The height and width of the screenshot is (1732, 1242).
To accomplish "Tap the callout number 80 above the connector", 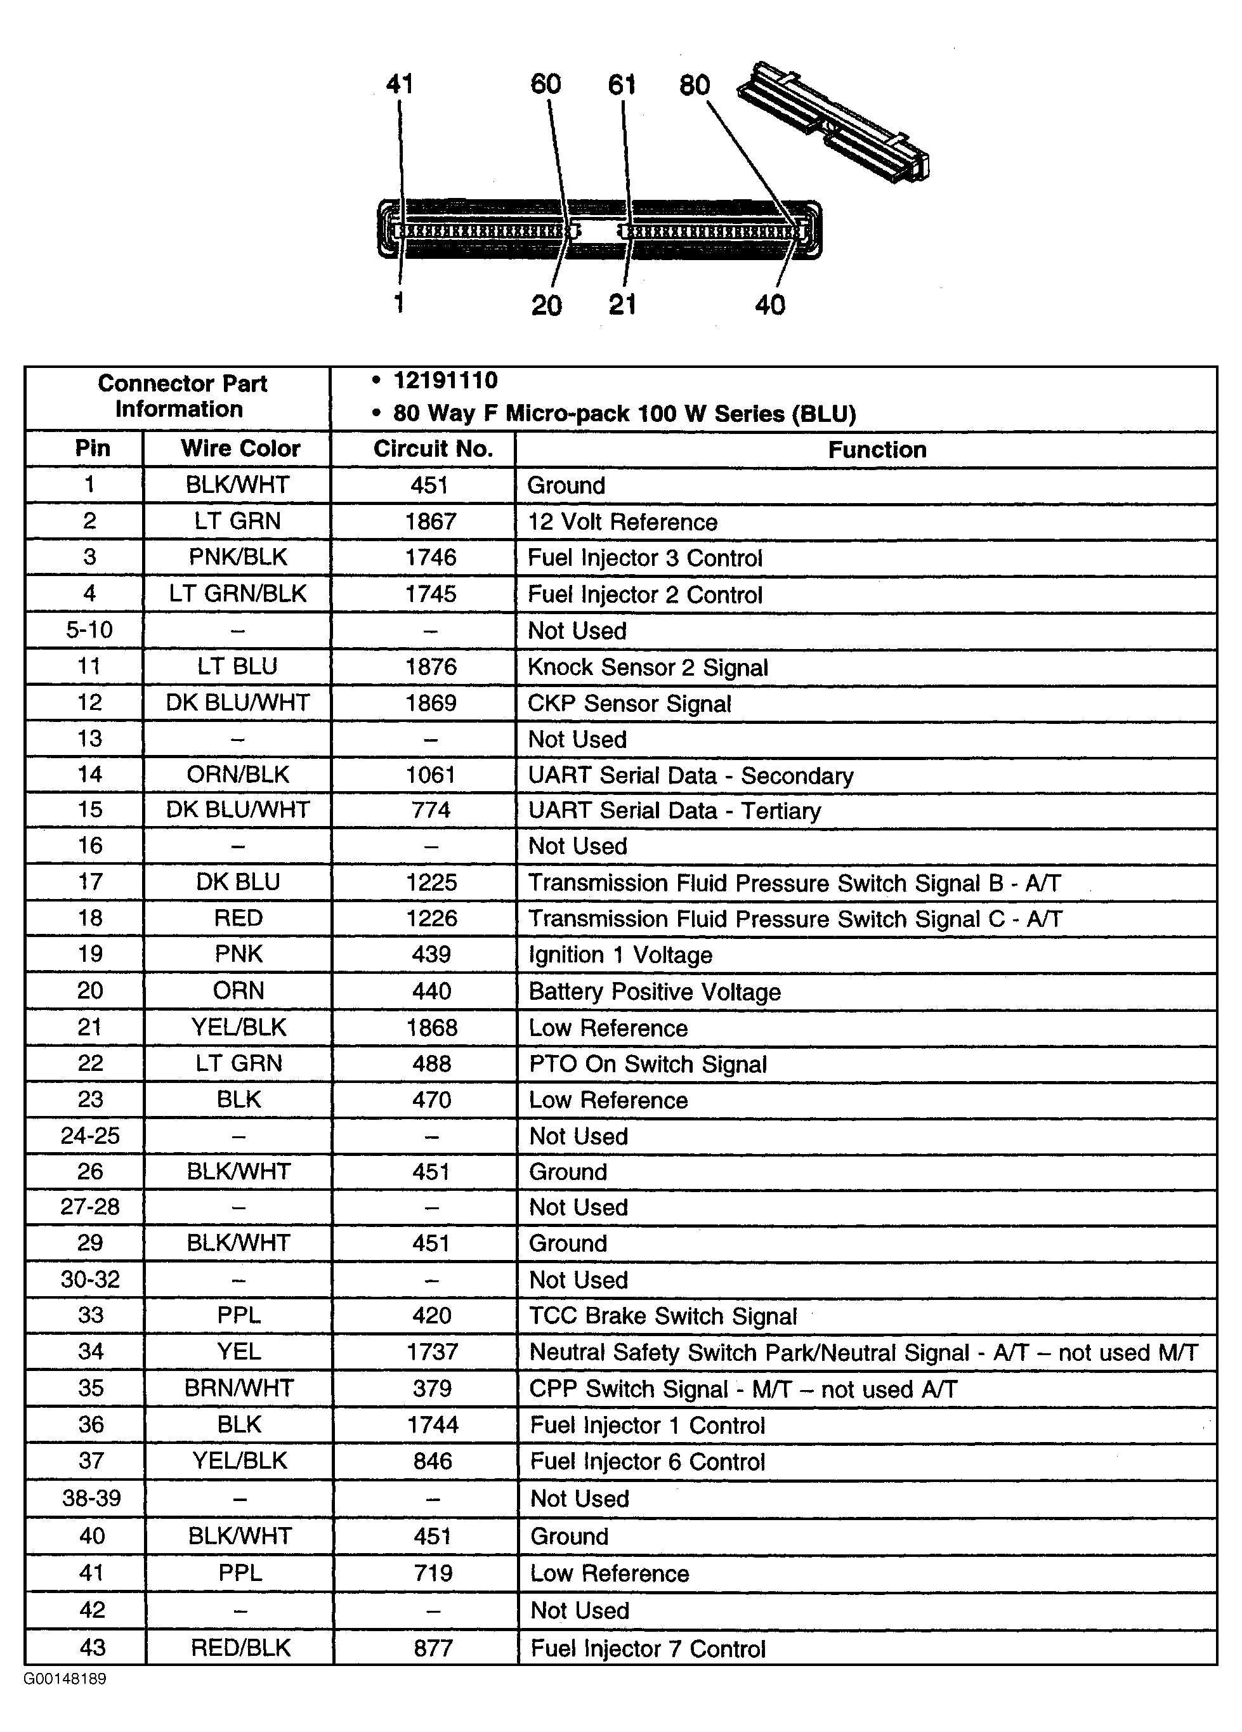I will click(694, 86).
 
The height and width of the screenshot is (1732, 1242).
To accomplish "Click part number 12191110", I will click(445, 380).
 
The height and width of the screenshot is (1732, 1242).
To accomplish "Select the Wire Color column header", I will click(240, 449).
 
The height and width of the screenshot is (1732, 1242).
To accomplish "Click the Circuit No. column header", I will click(432, 449).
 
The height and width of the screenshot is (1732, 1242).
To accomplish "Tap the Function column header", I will click(877, 450).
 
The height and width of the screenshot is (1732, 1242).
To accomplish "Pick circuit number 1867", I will click(431, 522).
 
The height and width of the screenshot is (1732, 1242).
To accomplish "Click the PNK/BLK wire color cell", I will click(238, 558).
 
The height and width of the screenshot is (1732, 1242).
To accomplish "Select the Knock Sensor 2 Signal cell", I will click(648, 667).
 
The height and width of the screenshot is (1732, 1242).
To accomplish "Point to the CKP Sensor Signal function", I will click(629, 704).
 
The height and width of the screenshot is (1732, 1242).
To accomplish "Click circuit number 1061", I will click(431, 775).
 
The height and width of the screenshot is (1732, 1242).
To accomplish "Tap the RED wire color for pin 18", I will click(238, 918).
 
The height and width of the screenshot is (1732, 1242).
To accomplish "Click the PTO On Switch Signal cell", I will click(648, 1064).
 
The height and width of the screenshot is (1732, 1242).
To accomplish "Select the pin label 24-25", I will click(90, 1136).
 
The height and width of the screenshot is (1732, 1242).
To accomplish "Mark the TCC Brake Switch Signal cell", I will click(663, 1316).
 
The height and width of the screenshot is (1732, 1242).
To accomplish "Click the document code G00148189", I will click(65, 1679).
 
